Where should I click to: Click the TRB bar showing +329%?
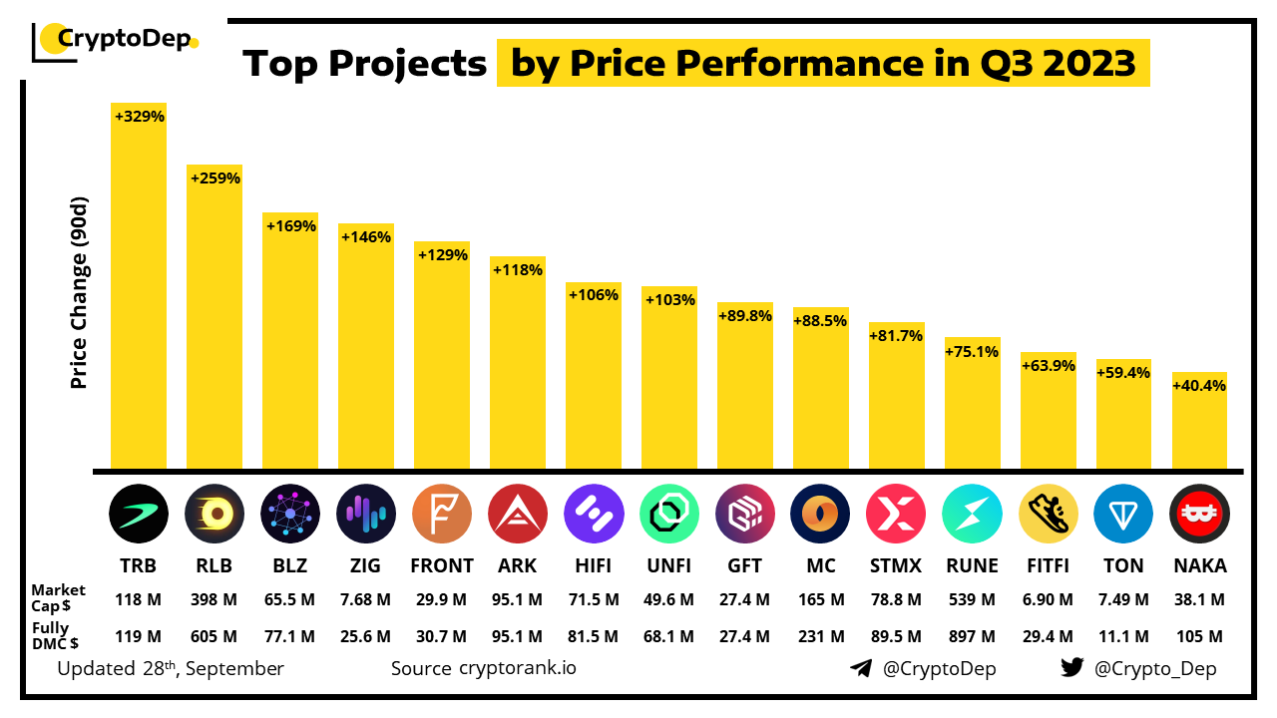pyautogui.click(x=139, y=289)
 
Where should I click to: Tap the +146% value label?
pyautogui.click(x=366, y=237)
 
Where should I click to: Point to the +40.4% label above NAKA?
pyautogui.click(x=1199, y=386)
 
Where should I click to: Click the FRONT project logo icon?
pyautogui.click(x=441, y=514)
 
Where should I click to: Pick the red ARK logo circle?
pyautogui.click(x=517, y=514)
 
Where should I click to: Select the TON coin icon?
pyautogui.click(x=1123, y=514)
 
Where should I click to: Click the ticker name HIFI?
pyautogui.click(x=593, y=565)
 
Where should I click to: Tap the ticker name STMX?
pyautogui.click(x=896, y=565)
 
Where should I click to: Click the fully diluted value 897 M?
pyautogui.click(x=972, y=636)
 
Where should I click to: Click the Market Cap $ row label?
pyautogui.click(x=58, y=598)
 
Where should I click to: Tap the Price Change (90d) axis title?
pyautogui.click(x=80, y=293)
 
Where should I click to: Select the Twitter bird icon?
pyautogui.click(x=1071, y=668)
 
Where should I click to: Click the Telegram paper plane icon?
pyautogui.click(x=861, y=668)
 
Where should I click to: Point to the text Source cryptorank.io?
pyautogui.click(x=483, y=668)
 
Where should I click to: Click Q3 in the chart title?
pyautogui.click(x=998, y=63)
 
